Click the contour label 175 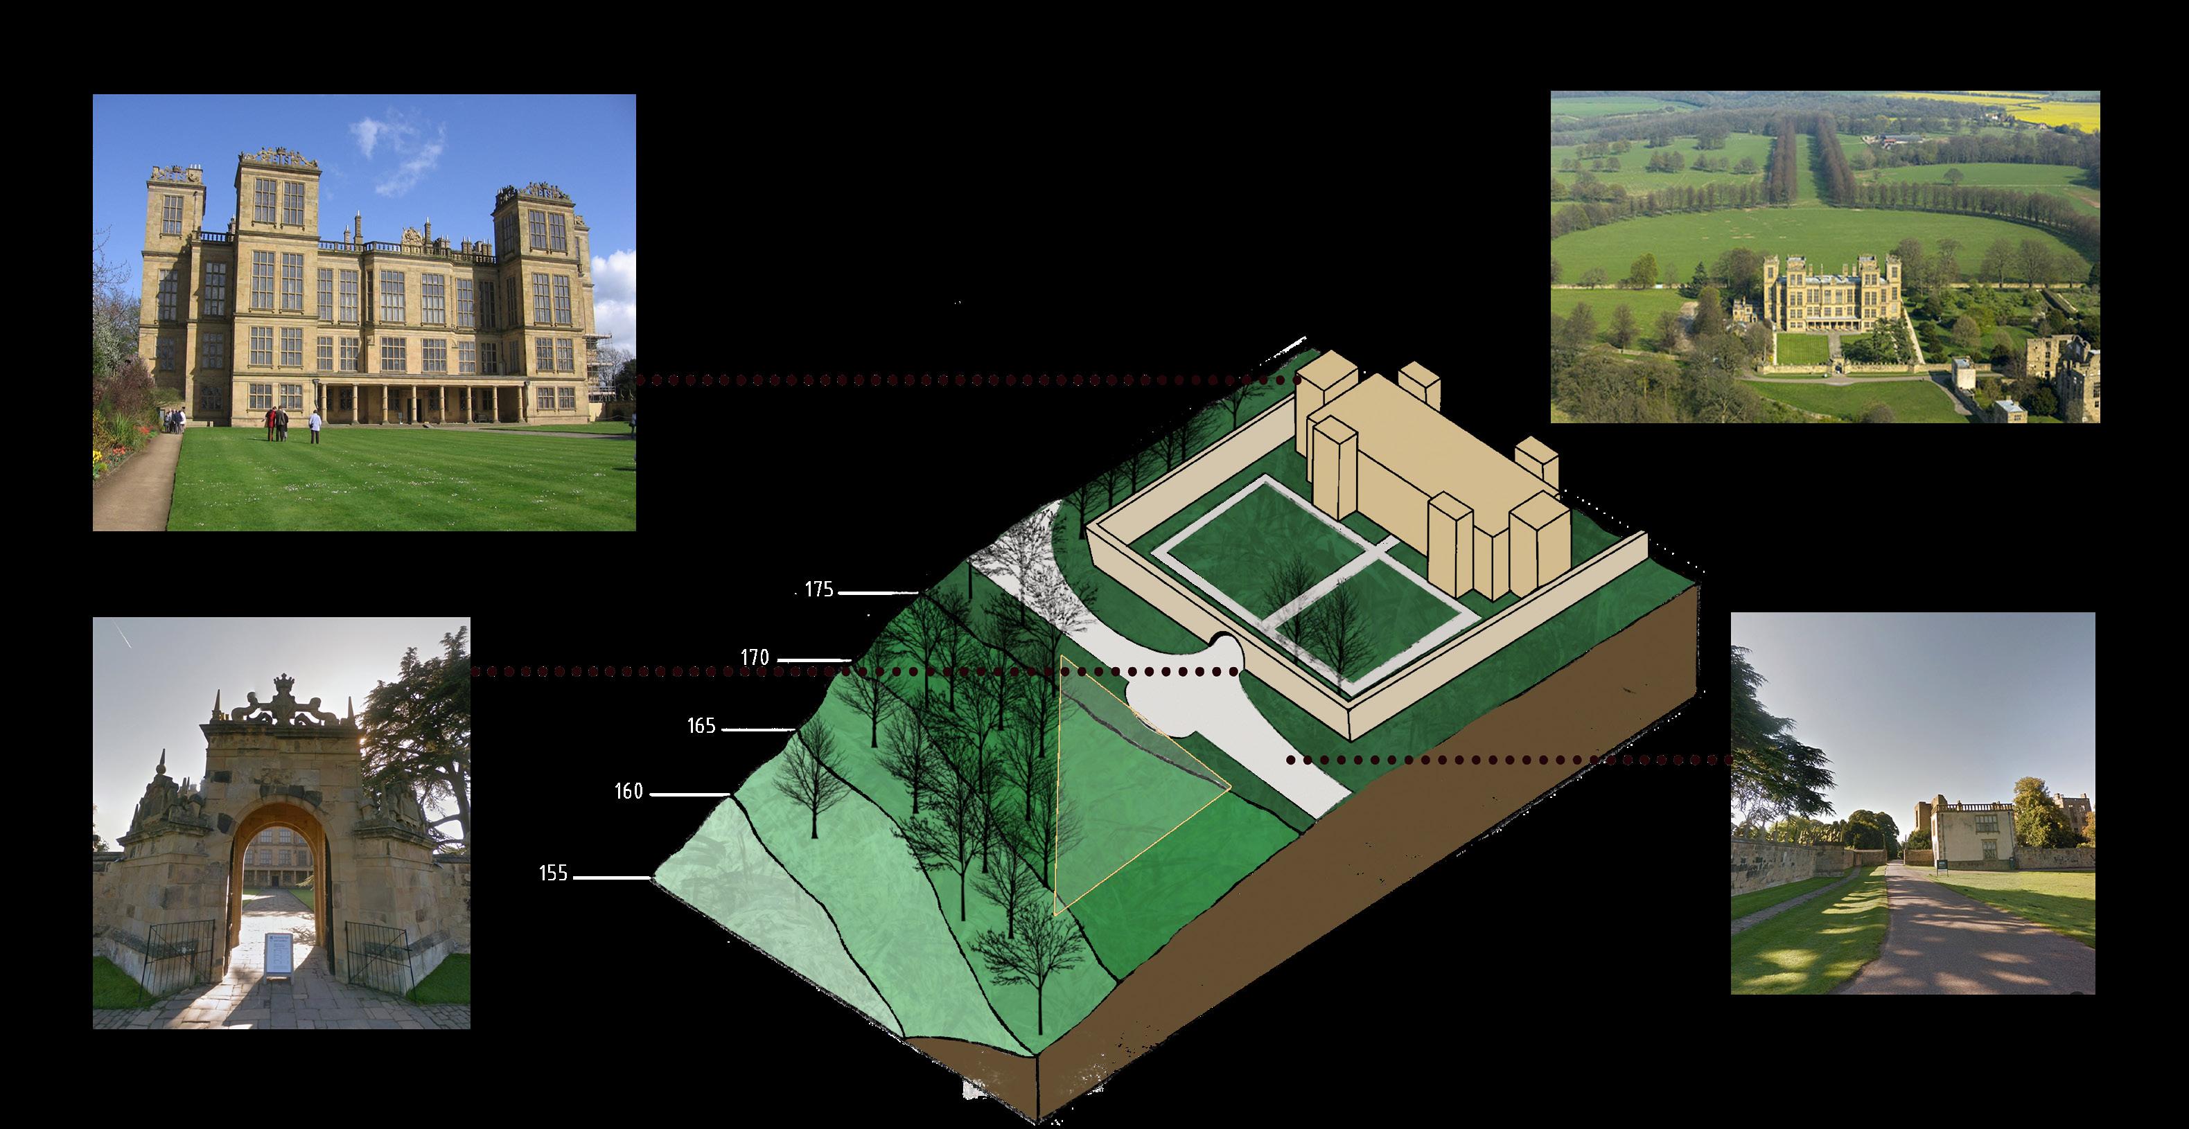[818, 589]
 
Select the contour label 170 [754, 657]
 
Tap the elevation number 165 [701, 727]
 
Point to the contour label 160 [628, 792]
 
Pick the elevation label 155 [553, 873]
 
